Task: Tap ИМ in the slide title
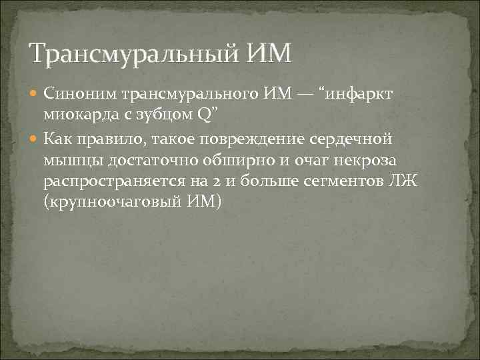click(268, 52)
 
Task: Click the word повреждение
click(251, 139)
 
